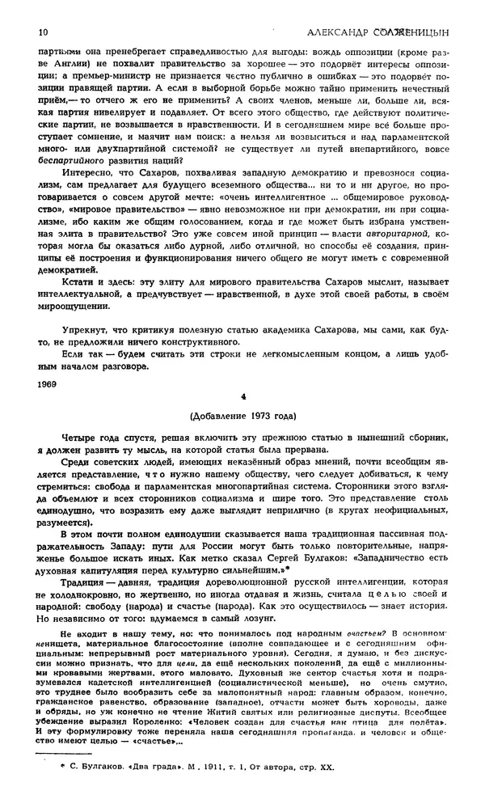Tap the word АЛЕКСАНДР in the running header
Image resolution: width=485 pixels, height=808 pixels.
(x=339, y=32)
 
